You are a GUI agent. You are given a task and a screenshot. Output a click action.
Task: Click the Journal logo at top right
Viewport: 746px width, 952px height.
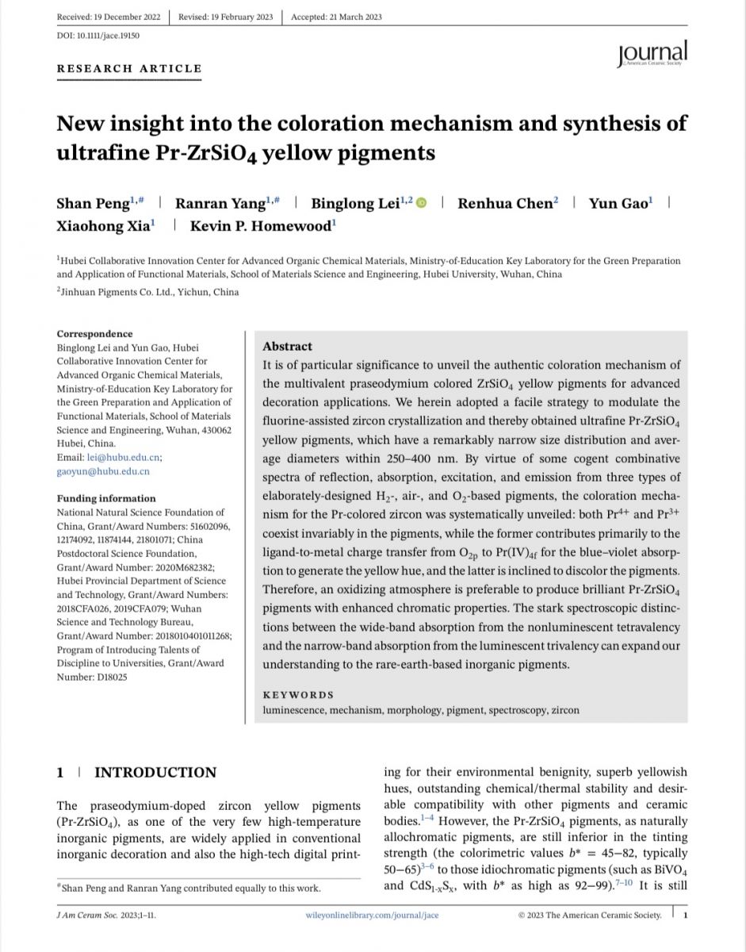point(652,54)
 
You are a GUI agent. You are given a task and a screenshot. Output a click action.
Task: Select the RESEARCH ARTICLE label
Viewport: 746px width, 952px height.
point(129,68)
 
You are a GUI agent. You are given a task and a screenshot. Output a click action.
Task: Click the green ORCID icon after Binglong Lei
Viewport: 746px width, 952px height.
point(421,204)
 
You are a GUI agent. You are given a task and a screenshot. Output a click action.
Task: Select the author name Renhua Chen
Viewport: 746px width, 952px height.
point(504,203)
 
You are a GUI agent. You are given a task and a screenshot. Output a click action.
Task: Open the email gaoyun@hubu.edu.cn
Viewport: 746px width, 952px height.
point(103,471)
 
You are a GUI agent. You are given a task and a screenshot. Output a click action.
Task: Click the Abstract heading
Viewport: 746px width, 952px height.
point(287,347)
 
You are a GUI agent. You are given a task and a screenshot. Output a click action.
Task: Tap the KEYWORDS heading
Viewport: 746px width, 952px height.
point(298,694)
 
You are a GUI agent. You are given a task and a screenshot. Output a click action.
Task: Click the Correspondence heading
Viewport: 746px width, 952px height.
point(94,334)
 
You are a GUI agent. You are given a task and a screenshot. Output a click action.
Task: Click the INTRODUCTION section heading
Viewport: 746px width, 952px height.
point(155,773)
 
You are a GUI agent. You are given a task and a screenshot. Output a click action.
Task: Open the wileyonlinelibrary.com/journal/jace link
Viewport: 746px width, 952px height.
point(371,915)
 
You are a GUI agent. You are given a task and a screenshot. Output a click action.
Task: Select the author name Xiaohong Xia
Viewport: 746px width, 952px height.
point(102,226)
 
